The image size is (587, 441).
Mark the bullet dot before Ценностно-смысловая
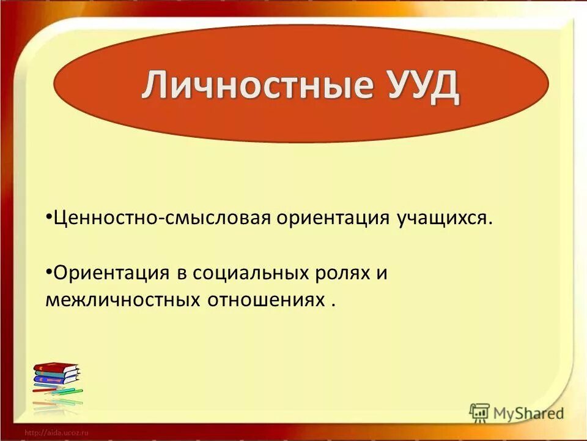tap(48, 217)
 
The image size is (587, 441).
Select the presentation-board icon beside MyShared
tap(479, 412)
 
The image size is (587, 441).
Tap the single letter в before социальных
tap(182, 273)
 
